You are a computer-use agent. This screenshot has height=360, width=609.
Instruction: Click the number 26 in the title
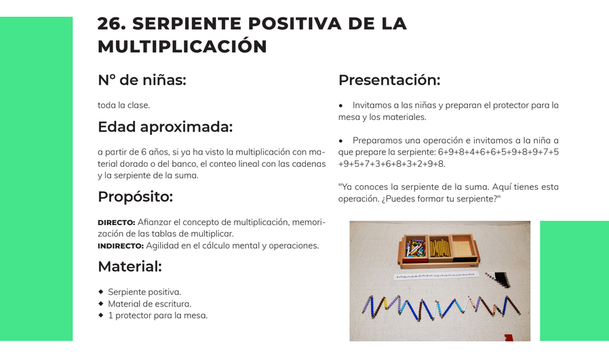[x=111, y=23]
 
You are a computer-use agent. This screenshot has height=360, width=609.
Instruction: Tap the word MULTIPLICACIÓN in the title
[x=182, y=47]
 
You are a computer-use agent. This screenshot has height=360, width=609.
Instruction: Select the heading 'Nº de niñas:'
[x=142, y=80]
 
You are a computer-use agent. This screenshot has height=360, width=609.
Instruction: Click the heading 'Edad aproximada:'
[x=165, y=127]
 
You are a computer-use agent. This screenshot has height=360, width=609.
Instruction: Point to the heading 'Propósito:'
[x=135, y=197]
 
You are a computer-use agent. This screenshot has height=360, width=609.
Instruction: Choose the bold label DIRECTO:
[x=117, y=222]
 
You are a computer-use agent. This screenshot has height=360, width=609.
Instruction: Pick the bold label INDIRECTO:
[x=121, y=246]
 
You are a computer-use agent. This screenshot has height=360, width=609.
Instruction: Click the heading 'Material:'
[x=130, y=266]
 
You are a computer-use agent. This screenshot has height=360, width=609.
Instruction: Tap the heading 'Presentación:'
[x=389, y=80]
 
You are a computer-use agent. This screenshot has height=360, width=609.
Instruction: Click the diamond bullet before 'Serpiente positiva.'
[x=101, y=292]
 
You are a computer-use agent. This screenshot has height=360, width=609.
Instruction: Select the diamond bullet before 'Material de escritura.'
[x=101, y=303]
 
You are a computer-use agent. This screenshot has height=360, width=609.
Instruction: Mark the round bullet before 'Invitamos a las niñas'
[x=340, y=106]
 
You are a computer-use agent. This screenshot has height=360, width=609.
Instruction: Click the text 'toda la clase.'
[x=123, y=105]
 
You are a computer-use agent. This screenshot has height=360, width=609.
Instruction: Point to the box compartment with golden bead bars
[x=439, y=247]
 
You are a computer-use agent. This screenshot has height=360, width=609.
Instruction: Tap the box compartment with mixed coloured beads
[x=415, y=247]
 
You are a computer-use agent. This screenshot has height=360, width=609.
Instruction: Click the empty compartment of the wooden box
[x=464, y=246]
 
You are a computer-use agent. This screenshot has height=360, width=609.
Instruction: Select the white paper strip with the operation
[x=437, y=276]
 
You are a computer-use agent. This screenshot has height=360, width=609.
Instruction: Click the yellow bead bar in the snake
[x=386, y=303]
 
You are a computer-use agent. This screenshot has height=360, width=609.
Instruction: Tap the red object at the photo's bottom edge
[x=509, y=338]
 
